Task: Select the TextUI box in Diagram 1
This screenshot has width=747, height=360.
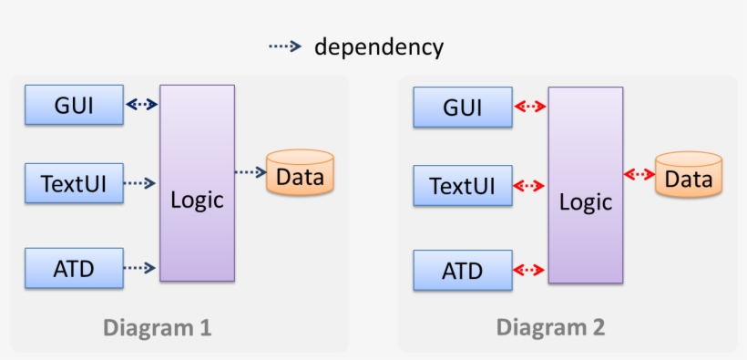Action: click(x=74, y=183)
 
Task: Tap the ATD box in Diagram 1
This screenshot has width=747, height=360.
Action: click(x=74, y=267)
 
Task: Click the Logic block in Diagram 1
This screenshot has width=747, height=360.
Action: click(x=197, y=182)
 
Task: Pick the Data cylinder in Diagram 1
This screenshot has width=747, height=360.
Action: click(x=300, y=173)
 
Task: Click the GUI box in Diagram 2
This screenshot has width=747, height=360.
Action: click(x=462, y=107)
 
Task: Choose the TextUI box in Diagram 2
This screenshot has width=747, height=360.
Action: click(x=462, y=186)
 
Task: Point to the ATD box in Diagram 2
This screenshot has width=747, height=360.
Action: click(x=462, y=270)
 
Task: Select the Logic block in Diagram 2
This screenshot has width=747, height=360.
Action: click(x=585, y=185)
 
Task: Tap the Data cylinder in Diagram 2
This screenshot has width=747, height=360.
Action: click(x=689, y=175)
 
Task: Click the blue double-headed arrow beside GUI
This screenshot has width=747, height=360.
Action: click(x=141, y=104)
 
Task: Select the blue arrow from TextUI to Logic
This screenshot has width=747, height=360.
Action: click(x=139, y=183)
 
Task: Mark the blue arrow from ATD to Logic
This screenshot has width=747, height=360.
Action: click(x=139, y=267)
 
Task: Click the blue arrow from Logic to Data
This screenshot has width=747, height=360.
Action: click(x=250, y=171)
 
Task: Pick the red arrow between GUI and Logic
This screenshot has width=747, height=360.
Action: click(x=529, y=107)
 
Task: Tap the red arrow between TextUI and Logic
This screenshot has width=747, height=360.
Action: click(x=529, y=186)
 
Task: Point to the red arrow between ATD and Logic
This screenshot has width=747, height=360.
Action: click(x=529, y=270)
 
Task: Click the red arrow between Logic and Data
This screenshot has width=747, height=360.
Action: click(x=640, y=174)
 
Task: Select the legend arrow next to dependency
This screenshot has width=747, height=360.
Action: click(x=284, y=46)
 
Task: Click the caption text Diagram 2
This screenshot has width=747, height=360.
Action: click(x=550, y=327)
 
